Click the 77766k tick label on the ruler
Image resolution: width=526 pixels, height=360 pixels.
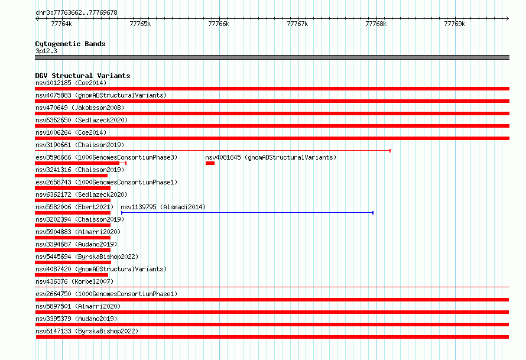[219, 24]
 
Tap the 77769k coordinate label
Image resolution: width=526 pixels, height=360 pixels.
[454, 24]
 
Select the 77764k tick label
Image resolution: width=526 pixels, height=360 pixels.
[61, 24]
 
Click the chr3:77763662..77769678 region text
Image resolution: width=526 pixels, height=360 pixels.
[76, 13]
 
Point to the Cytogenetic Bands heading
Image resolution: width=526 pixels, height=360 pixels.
[70, 44]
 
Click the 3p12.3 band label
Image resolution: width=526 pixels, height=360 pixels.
[46, 51]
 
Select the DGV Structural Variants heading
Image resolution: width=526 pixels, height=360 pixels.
[83, 76]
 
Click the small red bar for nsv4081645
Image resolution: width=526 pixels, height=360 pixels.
[210, 163]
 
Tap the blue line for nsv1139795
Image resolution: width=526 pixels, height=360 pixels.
[247, 213]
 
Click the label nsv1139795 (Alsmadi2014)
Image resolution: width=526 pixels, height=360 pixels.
[163, 207]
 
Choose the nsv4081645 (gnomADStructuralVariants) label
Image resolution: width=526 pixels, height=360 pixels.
[271, 157]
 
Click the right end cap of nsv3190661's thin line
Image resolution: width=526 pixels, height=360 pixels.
[390, 151]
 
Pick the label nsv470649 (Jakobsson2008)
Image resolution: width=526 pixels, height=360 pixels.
[80, 108]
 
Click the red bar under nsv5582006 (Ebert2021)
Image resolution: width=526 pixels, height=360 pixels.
[73, 213]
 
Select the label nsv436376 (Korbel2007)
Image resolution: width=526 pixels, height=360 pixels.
[74, 281]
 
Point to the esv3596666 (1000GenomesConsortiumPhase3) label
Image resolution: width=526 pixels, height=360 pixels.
[106, 157]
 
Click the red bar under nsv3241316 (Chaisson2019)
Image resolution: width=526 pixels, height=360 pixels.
[71, 176]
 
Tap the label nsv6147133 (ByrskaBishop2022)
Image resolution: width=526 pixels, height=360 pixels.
[87, 331]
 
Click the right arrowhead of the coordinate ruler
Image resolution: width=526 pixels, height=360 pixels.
[508, 18]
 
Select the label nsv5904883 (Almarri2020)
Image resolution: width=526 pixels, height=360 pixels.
[78, 232]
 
